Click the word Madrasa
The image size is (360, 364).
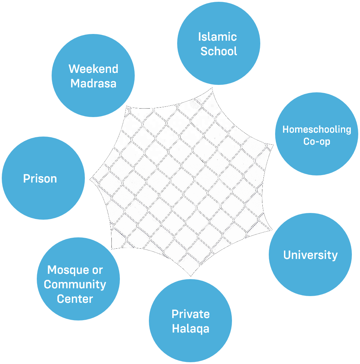pyautogui.click(x=93, y=83)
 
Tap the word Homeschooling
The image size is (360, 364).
pyautogui.click(x=317, y=129)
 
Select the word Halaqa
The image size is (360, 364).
pyautogui.click(x=191, y=329)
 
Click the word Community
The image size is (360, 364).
pyautogui.click(x=75, y=284)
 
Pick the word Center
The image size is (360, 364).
pyautogui.click(x=75, y=299)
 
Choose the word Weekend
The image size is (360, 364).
pyautogui.click(x=93, y=69)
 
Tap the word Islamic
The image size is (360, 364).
pyautogui.click(x=217, y=36)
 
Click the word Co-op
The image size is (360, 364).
pyautogui.click(x=317, y=141)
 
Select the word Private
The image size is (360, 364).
pyautogui.click(x=191, y=314)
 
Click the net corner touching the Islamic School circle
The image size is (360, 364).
pyautogui.click(x=213, y=88)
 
